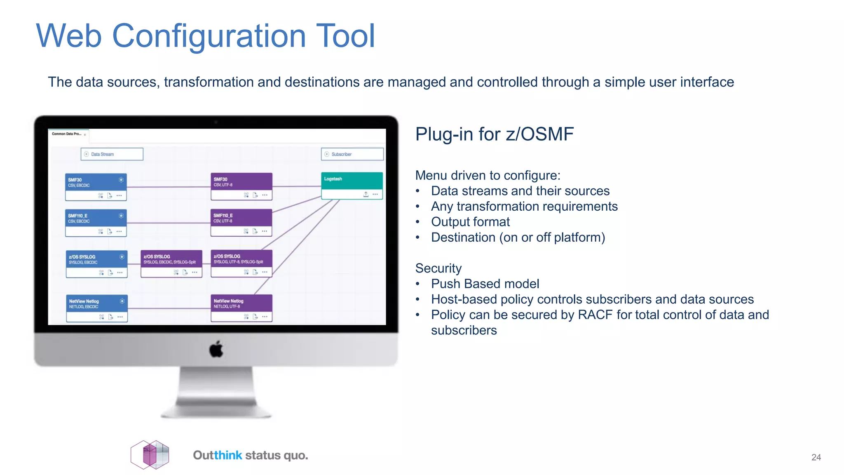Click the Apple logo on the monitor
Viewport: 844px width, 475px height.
click(216, 349)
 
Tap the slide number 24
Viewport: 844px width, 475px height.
click(816, 457)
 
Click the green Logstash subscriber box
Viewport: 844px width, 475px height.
click(352, 181)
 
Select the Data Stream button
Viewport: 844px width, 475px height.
click(112, 154)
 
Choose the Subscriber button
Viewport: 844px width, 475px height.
click(352, 154)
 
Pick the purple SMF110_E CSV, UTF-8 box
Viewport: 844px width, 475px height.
click(241, 218)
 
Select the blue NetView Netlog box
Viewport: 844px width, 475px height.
click(97, 304)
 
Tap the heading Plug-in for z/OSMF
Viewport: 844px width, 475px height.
click(494, 134)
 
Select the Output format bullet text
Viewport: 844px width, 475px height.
click(470, 222)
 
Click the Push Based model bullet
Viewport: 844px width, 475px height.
click(485, 284)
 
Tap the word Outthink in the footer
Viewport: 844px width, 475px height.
click(217, 455)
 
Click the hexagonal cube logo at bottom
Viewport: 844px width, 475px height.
click(150, 455)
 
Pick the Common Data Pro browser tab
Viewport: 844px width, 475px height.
click(67, 134)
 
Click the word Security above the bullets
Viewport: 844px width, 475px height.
click(438, 268)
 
